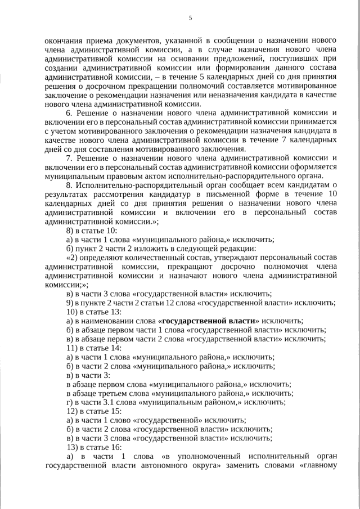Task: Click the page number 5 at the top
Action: (x=190, y=18)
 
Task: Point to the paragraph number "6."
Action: (x=70, y=112)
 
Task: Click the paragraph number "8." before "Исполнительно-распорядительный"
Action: (x=70, y=185)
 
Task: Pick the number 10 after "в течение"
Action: (x=332, y=194)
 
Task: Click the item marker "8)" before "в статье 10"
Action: (x=70, y=231)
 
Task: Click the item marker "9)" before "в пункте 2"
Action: (x=70, y=303)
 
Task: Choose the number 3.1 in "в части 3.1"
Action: (x=110, y=402)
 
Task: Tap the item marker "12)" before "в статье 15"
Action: (x=73, y=411)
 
